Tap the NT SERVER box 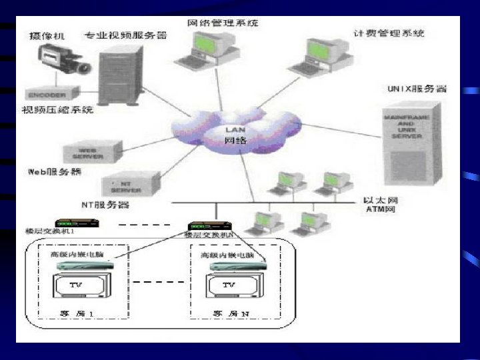point(131,183)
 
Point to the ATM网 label point(381,209)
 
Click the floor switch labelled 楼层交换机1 point(73,223)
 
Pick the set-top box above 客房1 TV point(84,266)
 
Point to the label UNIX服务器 point(416,88)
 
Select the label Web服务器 point(55,171)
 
